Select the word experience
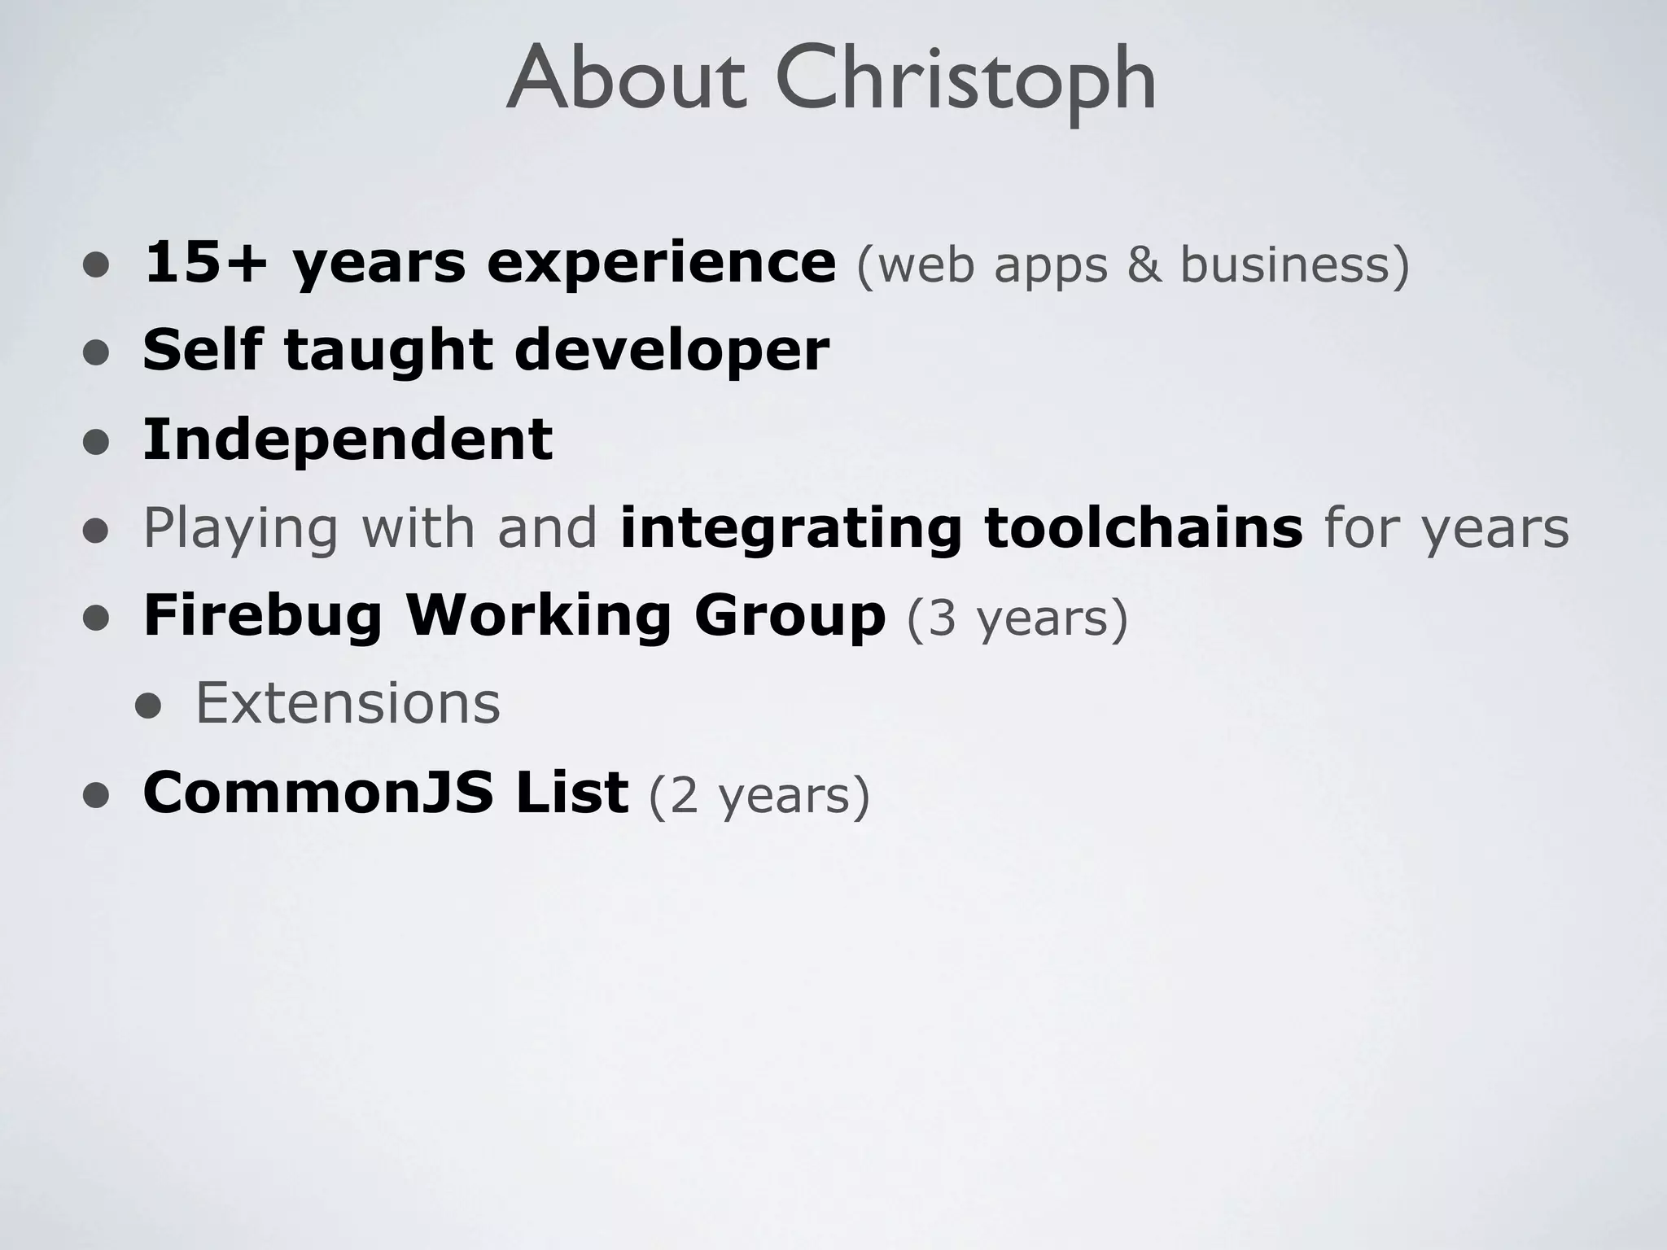pyautogui.click(x=661, y=265)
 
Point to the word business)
pyautogui.click(x=1295, y=265)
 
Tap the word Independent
pyautogui.click(x=348, y=439)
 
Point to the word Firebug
pyautogui.click(x=262, y=617)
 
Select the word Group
pyautogui.click(x=789, y=617)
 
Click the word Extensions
pyautogui.click(x=348, y=704)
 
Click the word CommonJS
pyautogui.click(x=317, y=793)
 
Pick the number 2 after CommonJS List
pyautogui.click(x=684, y=796)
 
